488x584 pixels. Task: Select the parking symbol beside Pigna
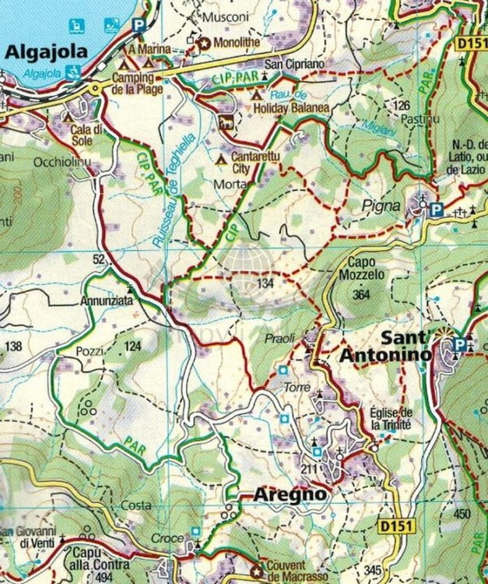(437, 209)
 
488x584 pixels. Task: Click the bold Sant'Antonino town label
(385, 347)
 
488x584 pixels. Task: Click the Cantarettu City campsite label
(258, 163)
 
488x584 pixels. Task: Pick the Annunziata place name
(106, 299)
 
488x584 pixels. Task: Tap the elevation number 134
(265, 283)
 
